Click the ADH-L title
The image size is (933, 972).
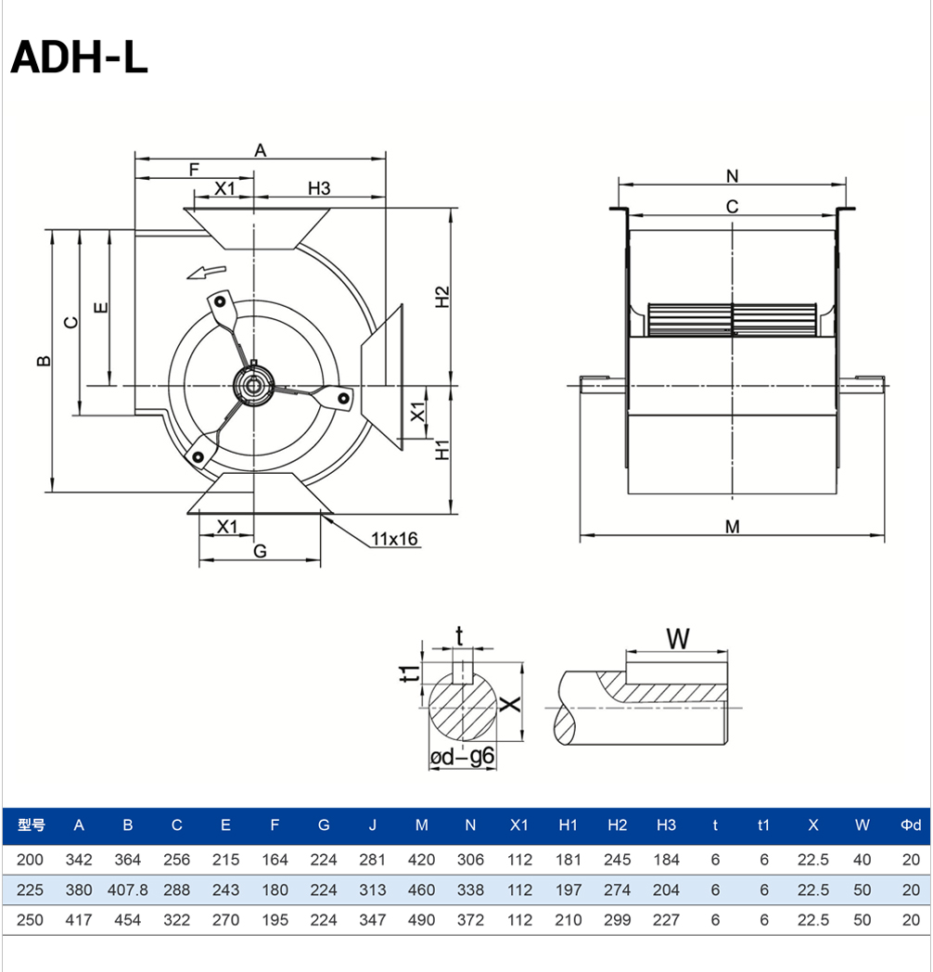(x=79, y=57)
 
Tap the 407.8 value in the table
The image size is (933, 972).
(x=128, y=890)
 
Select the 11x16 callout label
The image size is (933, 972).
(x=394, y=539)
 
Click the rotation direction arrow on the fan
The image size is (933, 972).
(x=207, y=272)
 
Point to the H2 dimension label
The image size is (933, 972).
(x=441, y=297)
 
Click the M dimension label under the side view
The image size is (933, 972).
(x=732, y=527)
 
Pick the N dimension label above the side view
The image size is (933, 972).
(x=732, y=176)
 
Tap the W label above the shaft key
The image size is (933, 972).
(x=678, y=638)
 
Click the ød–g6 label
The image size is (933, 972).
(x=462, y=756)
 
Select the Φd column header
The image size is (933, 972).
(x=911, y=825)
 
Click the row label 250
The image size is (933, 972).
(x=30, y=920)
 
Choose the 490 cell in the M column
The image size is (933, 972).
(x=422, y=920)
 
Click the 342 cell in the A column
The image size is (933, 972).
(x=79, y=860)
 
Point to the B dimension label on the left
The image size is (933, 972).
(x=44, y=361)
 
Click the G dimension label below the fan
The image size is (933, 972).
(x=261, y=551)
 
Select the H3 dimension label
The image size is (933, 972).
(x=319, y=188)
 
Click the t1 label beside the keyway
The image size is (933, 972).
(x=409, y=672)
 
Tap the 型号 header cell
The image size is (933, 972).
(x=31, y=825)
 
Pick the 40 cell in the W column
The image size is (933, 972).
(x=862, y=860)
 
